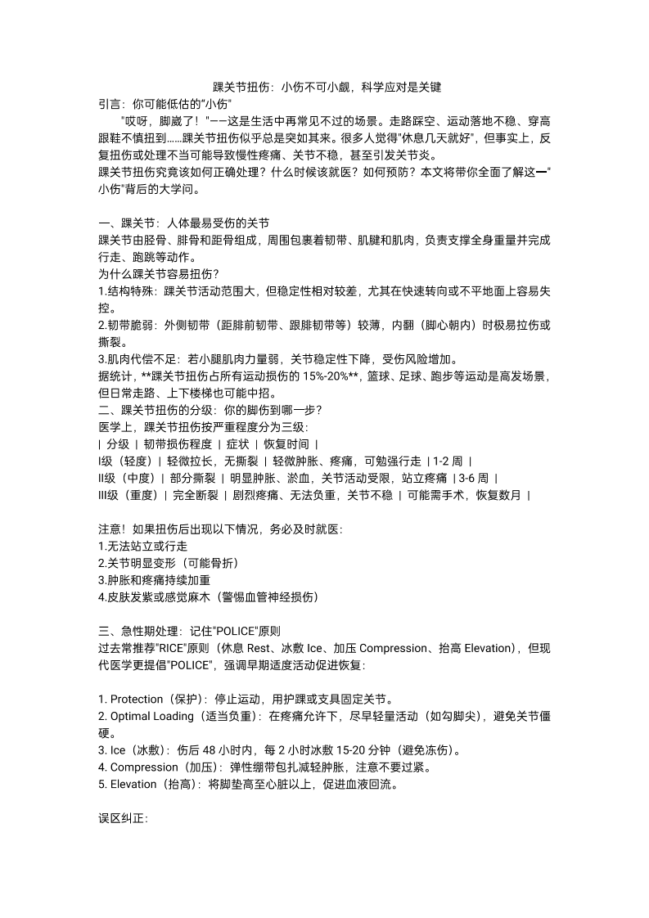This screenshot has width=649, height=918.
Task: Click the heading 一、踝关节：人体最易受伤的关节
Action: (x=183, y=223)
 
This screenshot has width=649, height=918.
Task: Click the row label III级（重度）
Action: (x=126, y=495)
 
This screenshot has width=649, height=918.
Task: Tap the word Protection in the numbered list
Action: (x=137, y=699)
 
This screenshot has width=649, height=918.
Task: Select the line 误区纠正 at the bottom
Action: (x=123, y=819)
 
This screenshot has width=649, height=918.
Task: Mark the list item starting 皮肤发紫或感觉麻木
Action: (x=208, y=597)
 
